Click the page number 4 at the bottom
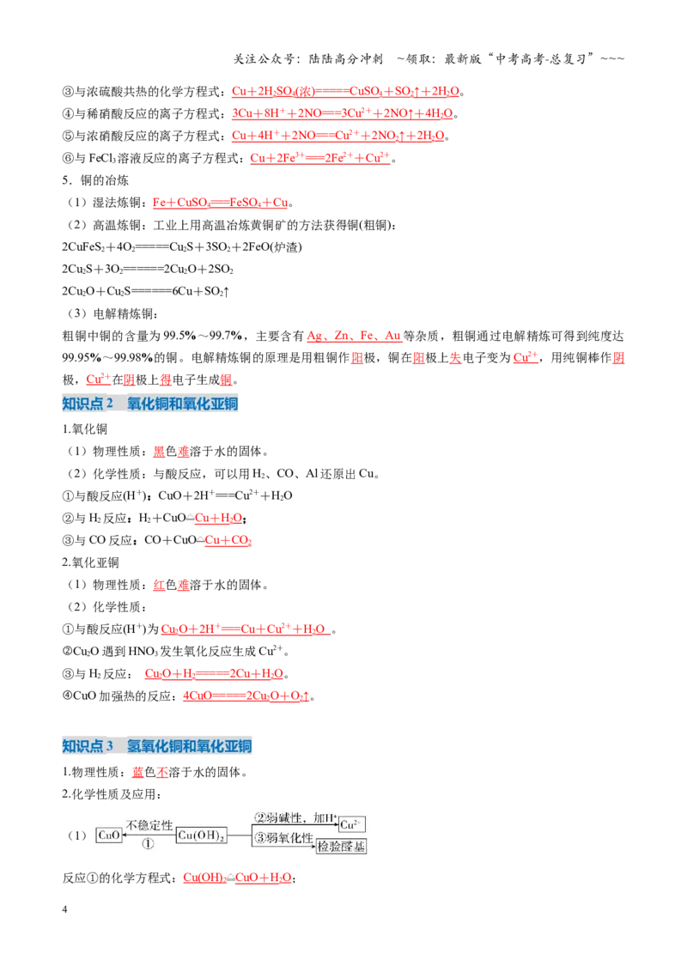[x=64, y=909]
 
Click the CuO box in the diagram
[x=109, y=835]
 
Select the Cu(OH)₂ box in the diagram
[x=202, y=835]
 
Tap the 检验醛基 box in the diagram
[x=341, y=846]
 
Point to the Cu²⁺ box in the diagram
[x=351, y=824]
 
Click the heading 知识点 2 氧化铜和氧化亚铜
[x=150, y=404]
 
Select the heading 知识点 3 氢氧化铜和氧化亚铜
[x=157, y=745]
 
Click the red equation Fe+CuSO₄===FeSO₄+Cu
[x=220, y=203]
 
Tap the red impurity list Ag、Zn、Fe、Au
[x=354, y=336]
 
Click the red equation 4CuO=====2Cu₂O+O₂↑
[x=246, y=696]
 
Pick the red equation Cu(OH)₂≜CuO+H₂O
[x=237, y=878]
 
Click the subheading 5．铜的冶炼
[x=95, y=180]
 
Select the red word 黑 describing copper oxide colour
[x=159, y=452]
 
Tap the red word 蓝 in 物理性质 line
[x=137, y=773]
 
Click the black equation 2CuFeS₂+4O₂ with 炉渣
[x=182, y=246]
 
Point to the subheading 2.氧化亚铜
[x=90, y=562]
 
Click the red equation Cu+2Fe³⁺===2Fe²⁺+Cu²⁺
[x=320, y=158]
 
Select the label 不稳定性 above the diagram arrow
[x=149, y=825]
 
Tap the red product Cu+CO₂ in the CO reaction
[x=228, y=541]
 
